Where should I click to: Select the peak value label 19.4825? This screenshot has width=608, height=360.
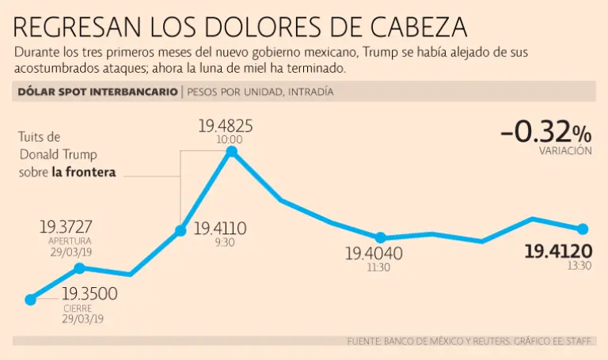point(230,125)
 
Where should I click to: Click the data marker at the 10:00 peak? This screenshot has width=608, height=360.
point(231,151)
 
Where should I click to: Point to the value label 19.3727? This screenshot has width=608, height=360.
point(70,227)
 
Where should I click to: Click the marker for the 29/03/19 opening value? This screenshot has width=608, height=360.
point(78,268)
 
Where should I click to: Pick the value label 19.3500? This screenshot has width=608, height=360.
point(90,294)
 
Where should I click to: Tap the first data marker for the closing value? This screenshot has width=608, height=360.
point(31,300)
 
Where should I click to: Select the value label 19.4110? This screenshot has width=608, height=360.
point(220,229)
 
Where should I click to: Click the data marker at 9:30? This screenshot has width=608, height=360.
point(181,231)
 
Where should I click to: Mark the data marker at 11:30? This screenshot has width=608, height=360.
point(380,237)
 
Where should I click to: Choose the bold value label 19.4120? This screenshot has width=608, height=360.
point(558,252)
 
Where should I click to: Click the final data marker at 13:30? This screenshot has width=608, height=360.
point(583,229)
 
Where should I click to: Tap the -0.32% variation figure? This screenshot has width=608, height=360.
point(545,132)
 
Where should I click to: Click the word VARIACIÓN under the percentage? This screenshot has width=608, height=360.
point(565,150)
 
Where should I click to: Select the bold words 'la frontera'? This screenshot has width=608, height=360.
point(84,170)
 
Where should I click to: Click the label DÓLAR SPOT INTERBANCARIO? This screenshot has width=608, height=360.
point(97,92)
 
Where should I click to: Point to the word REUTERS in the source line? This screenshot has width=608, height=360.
point(469,342)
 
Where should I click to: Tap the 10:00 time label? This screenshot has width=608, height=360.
point(230,139)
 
